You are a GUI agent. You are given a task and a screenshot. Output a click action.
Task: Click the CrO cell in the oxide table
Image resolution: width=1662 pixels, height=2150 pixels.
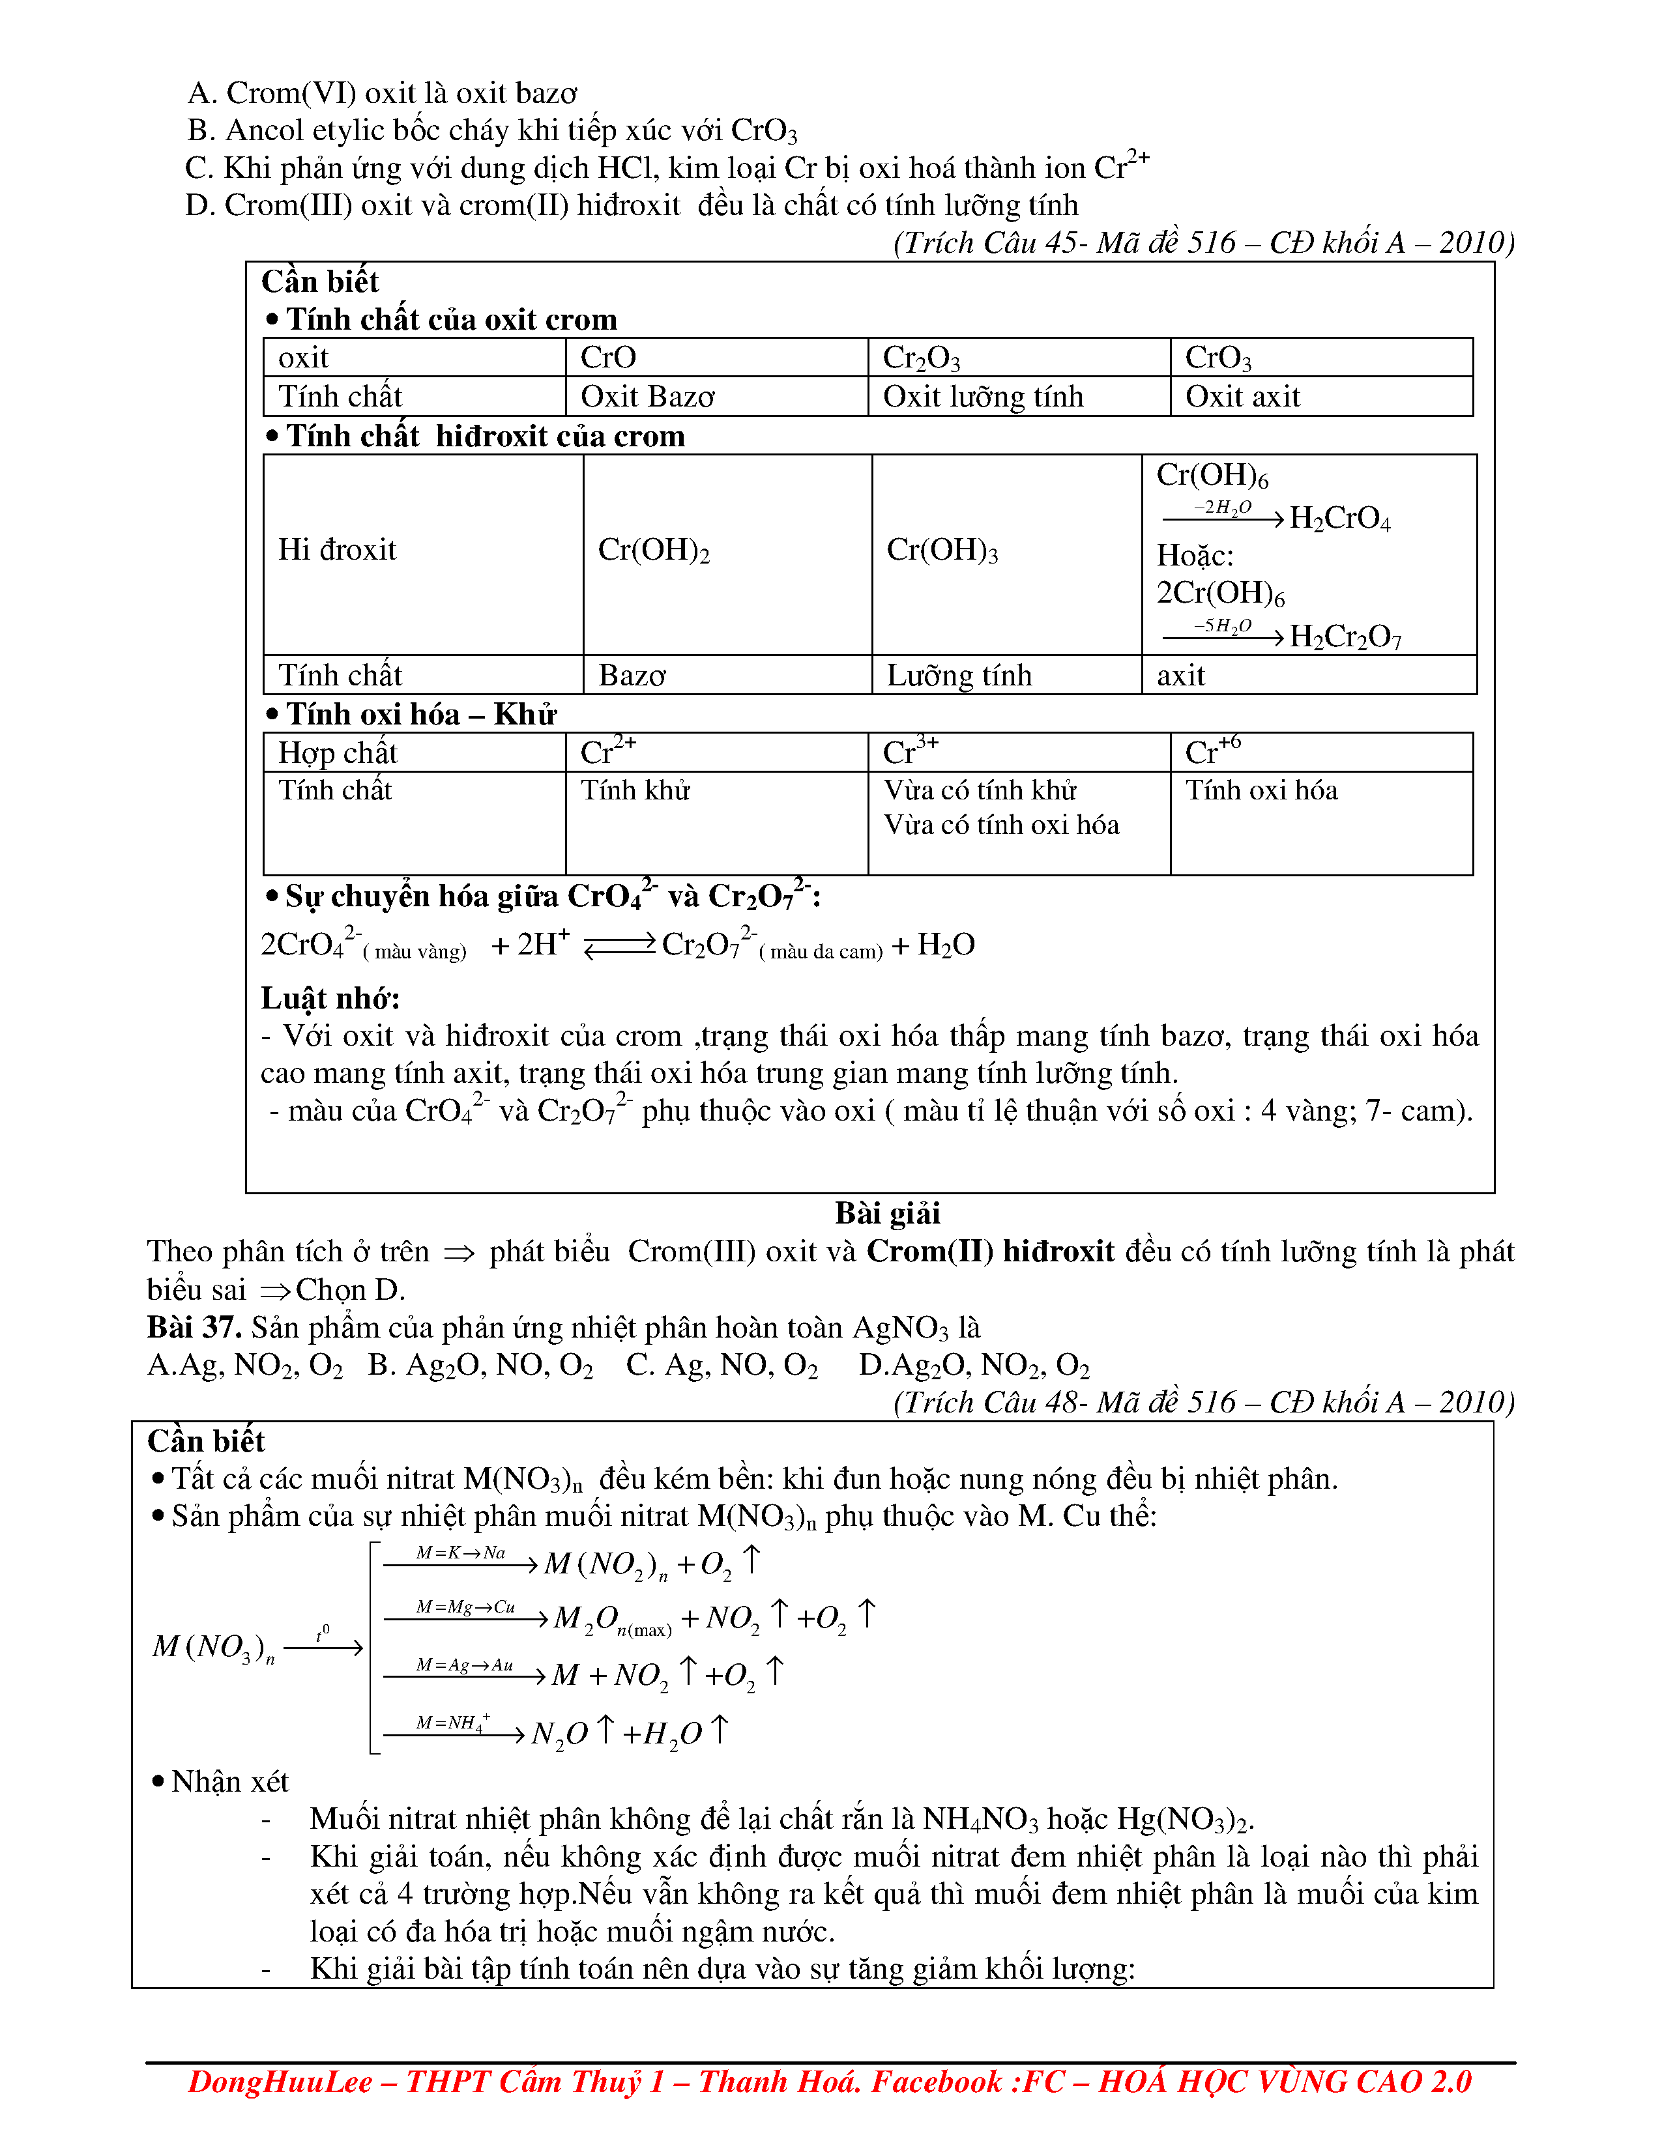(609, 357)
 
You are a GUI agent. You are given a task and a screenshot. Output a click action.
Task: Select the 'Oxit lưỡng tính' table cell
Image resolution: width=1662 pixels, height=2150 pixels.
(983, 397)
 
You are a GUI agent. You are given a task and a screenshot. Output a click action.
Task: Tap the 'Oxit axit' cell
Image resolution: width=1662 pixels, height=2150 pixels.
(1242, 397)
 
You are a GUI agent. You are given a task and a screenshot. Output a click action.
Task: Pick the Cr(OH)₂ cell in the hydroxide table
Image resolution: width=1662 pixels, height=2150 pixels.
(654, 551)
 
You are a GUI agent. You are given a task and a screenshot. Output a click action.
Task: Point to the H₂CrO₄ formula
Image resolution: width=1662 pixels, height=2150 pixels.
(1340, 519)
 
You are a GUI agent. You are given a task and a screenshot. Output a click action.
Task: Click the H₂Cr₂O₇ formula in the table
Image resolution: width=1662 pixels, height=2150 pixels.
(1345, 638)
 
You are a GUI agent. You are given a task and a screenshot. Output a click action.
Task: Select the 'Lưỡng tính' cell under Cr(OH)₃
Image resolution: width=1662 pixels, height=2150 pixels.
(959, 676)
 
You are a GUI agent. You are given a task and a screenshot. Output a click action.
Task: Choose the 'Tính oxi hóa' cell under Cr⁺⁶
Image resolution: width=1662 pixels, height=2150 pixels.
(1261, 790)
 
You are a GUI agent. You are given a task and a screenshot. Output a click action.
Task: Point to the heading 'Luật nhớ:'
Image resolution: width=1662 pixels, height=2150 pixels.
(330, 998)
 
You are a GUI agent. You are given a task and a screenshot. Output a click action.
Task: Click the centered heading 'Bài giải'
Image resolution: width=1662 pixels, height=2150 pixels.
(887, 1213)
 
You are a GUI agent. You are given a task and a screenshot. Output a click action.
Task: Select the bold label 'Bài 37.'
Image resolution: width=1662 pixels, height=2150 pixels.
(194, 1327)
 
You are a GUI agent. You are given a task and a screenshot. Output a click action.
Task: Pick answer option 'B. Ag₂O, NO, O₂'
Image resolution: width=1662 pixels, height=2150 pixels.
(480, 1366)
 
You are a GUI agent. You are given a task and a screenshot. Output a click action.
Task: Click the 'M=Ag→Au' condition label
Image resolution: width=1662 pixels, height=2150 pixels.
(464, 1665)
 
